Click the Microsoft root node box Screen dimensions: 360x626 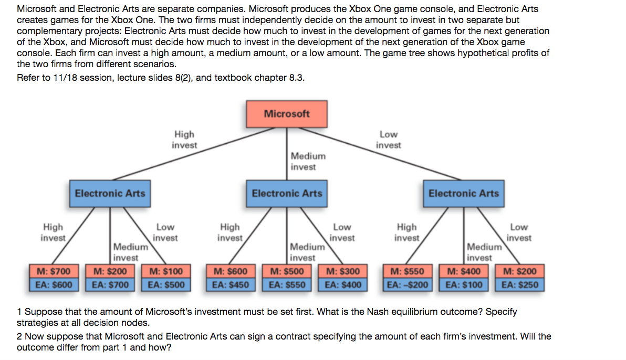[x=287, y=114]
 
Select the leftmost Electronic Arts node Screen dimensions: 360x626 [x=110, y=193]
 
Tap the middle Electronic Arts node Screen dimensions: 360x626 [x=287, y=193]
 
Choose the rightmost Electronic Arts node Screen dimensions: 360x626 [x=464, y=193]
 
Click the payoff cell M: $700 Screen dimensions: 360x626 [x=54, y=272]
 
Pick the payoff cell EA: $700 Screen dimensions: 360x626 [x=110, y=285]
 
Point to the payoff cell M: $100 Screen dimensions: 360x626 [x=166, y=272]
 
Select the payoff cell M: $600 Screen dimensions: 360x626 [x=231, y=272]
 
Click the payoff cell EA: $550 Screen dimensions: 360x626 [x=287, y=285]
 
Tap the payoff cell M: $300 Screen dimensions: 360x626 [x=343, y=272]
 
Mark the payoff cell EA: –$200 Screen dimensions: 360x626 [x=408, y=285]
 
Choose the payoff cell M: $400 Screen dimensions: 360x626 [x=464, y=272]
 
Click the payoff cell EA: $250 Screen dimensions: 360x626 [x=520, y=285]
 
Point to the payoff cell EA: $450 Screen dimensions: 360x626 [x=231, y=285]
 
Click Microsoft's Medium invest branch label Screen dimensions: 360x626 [x=308, y=161]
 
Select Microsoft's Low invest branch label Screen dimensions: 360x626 [x=388, y=140]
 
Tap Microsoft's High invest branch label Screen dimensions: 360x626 [x=184, y=140]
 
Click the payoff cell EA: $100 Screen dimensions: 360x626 [x=464, y=285]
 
